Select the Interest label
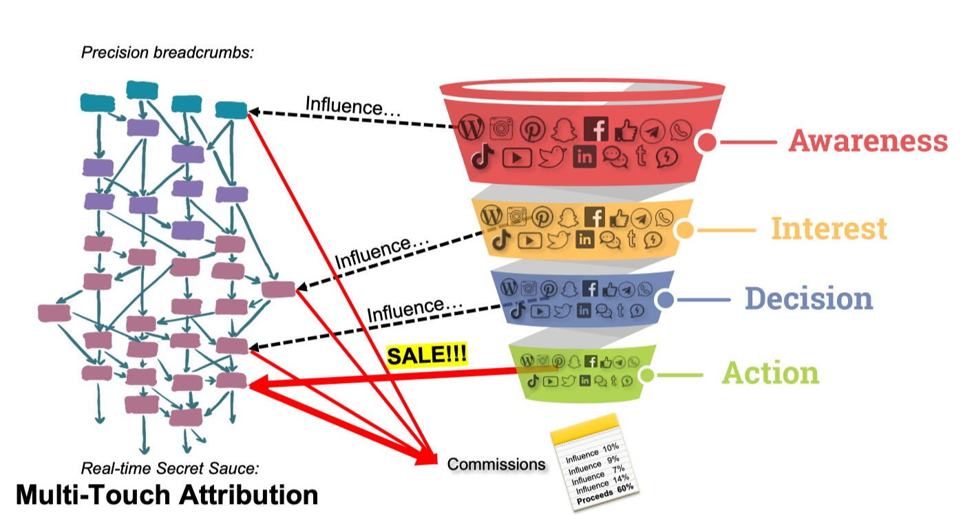828,228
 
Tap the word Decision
808,298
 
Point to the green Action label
770,373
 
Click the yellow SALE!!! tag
427,356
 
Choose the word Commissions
496,464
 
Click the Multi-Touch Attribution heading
167,495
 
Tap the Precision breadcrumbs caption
167,52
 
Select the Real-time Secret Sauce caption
170,469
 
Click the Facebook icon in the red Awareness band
596,129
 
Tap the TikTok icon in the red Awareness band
483,157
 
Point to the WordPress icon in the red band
472,128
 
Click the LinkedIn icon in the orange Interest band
584,239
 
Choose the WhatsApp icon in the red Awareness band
681,129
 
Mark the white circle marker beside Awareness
706,143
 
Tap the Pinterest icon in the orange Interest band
542,217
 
